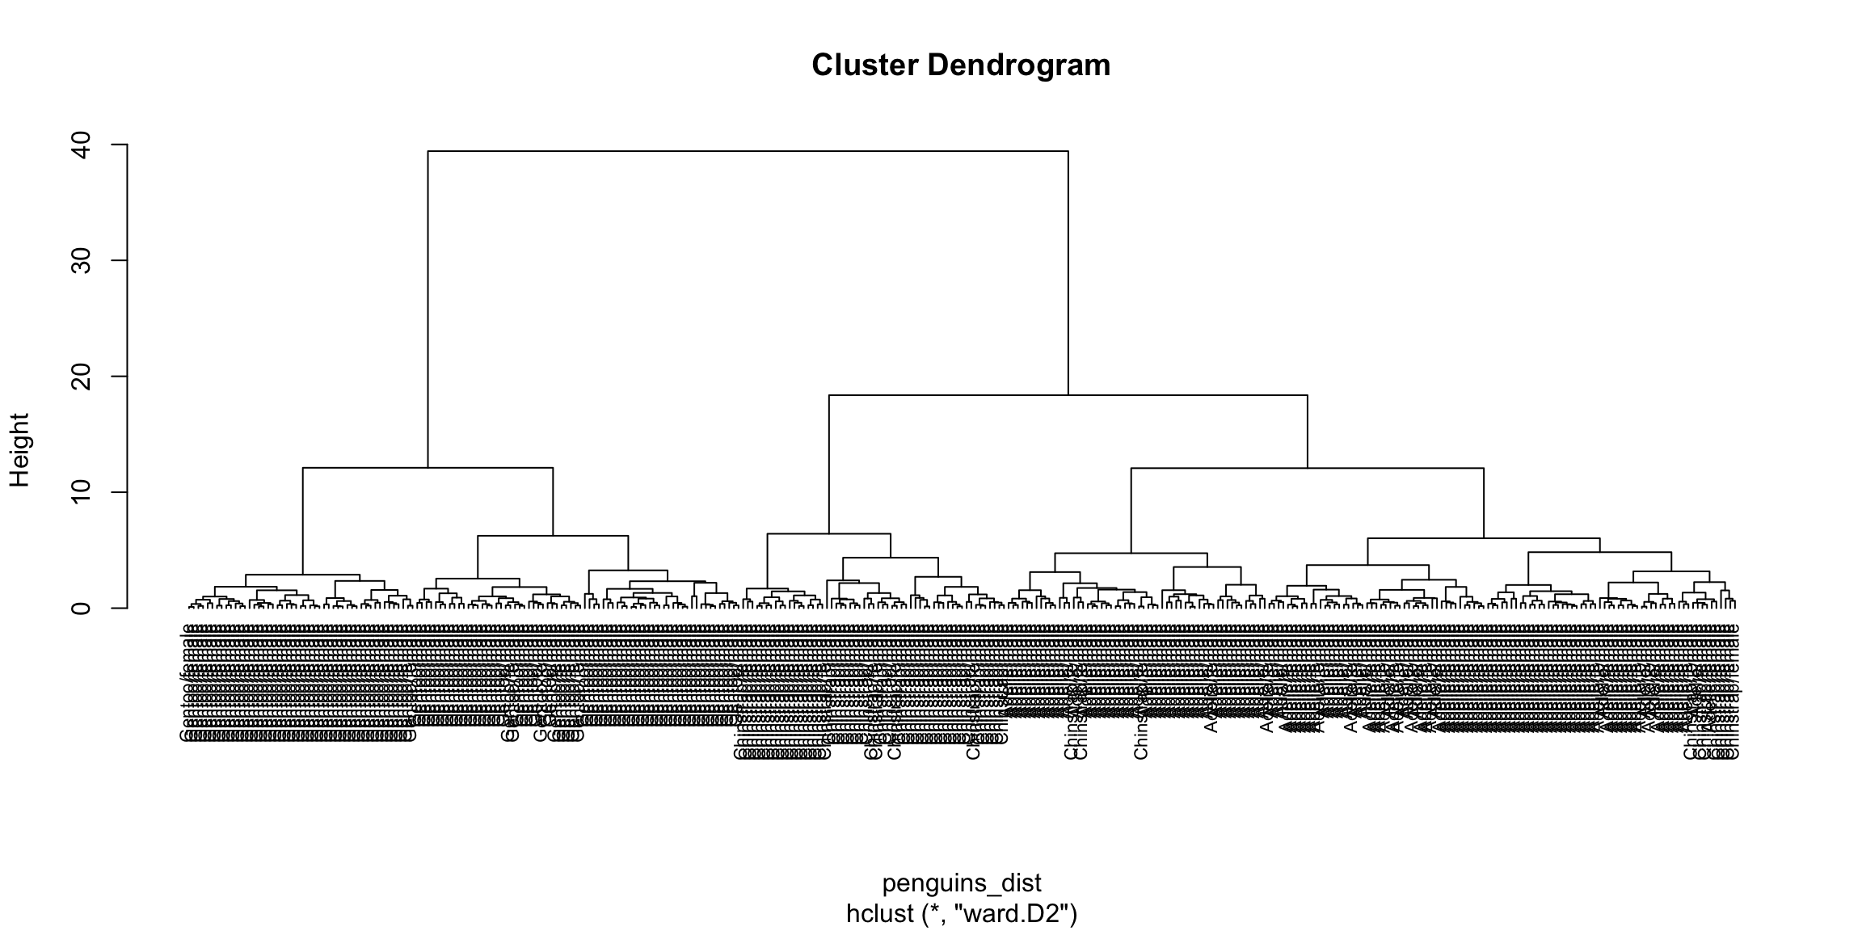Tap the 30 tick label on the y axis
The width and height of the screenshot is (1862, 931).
coord(81,260)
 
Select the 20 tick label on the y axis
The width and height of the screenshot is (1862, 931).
coord(81,377)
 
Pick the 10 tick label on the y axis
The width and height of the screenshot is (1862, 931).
coord(81,492)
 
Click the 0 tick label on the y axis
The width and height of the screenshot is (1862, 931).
coord(81,608)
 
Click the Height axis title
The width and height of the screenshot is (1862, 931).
coord(19,450)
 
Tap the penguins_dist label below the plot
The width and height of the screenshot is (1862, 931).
coord(961,883)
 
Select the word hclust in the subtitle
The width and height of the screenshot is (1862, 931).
coord(881,913)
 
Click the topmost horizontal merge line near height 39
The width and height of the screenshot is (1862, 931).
coord(748,151)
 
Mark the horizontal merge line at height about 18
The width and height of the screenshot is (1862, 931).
coord(1067,395)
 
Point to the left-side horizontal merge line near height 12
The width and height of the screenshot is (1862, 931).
coord(428,468)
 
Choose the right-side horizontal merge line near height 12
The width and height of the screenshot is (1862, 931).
coord(1307,468)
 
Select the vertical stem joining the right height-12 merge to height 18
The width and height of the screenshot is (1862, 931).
coord(1307,432)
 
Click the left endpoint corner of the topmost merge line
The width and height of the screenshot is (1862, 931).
coord(428,151)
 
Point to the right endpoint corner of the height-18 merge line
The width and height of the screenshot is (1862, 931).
coord(1307,395)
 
